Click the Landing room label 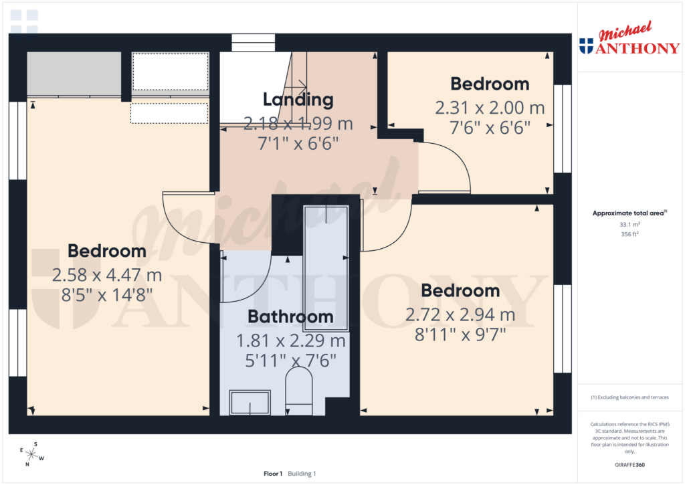coord(298,100)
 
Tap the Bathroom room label coord(290,316)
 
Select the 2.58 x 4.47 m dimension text coord(107,275)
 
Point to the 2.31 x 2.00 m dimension coord(490,107)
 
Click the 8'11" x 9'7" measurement coord(460,334)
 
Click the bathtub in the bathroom coord(326,268)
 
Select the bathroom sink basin coord(250,402)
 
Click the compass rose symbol coord(31,454)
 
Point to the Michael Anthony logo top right coord(628,40)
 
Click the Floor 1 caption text coord(273,474)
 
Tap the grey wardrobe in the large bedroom coord(74,74)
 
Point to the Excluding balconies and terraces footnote coord(629,397)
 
